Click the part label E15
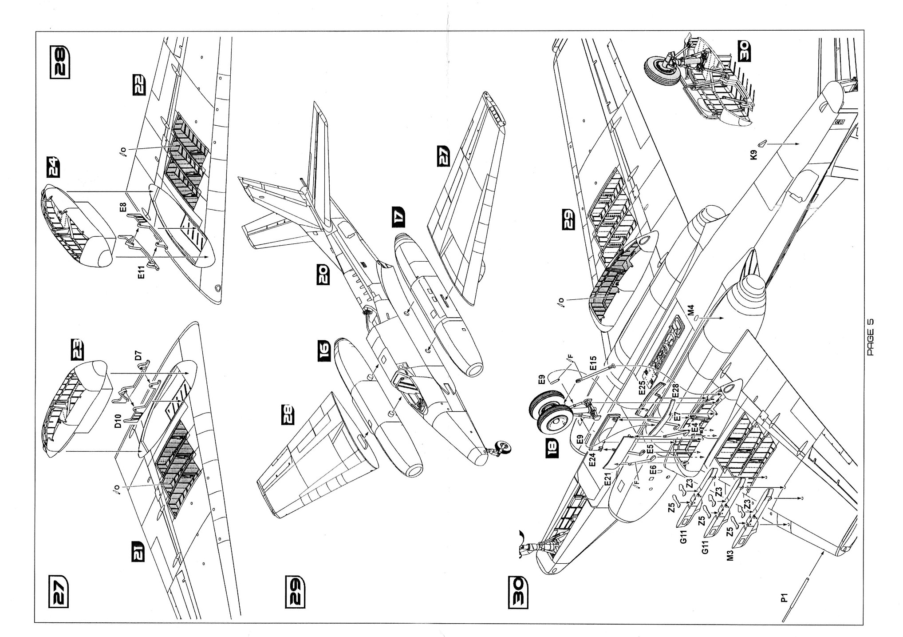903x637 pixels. pyautogui.click(x=594, y=364)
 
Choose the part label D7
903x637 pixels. pyautogui.click(x=138, y=355)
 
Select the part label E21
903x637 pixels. pyautogui.click(x=607, y=479)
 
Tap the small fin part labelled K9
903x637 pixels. pyautogui.click(x=761, y=143)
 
